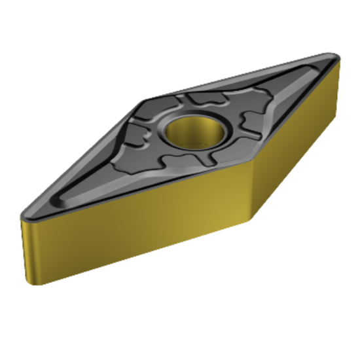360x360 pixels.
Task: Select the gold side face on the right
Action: point(298,137)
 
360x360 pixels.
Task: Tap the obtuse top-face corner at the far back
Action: point(145,100)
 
